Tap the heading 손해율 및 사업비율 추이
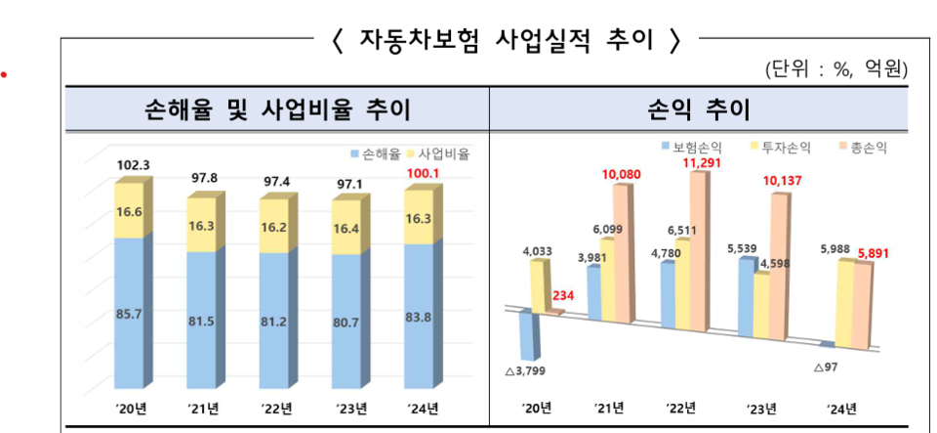[276, 108]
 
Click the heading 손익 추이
[698, 108]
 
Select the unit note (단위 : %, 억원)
[836, 69]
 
